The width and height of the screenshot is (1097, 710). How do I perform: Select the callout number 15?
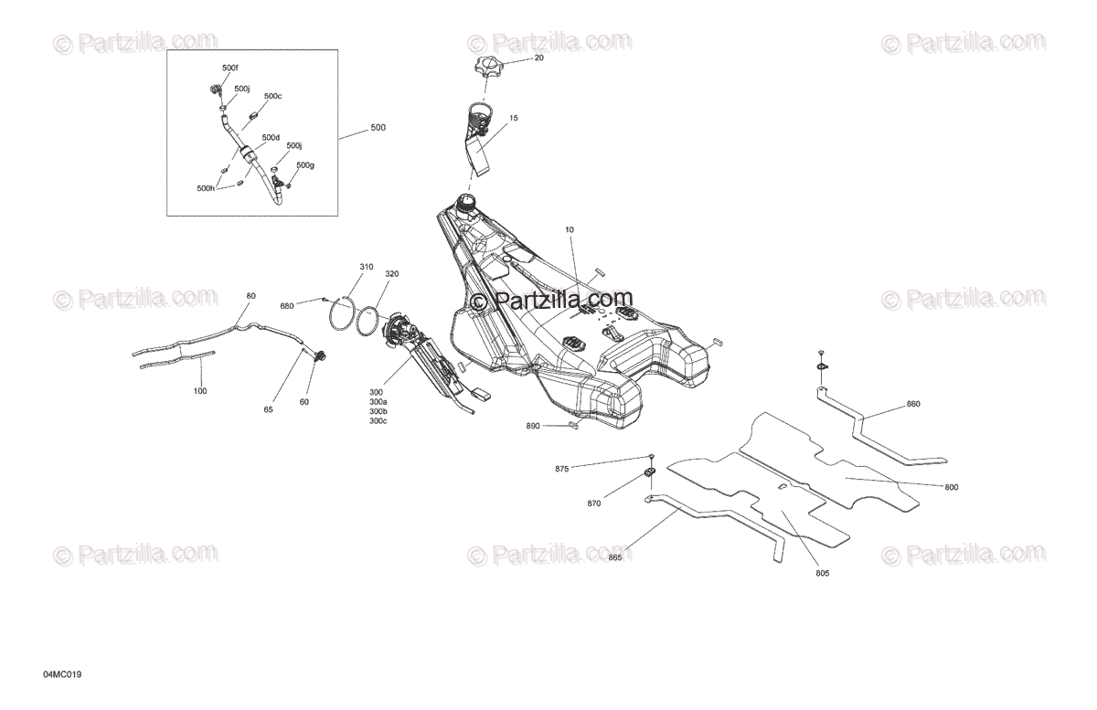514,118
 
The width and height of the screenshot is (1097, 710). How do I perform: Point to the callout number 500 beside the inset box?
378,128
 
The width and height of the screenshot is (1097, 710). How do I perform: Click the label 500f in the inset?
229,69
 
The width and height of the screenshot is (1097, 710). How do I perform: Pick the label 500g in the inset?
304,165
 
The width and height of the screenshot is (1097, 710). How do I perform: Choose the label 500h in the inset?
206,188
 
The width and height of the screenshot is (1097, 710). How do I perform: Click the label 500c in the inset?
272,96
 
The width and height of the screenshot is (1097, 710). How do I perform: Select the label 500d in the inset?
271,138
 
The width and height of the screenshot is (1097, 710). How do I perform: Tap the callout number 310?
366,267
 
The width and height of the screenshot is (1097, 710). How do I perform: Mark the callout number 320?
391,273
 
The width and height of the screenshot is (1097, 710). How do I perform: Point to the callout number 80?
251,296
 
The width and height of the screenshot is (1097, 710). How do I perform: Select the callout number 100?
200,391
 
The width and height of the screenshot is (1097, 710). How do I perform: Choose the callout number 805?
822,574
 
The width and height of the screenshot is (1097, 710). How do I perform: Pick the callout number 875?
562,469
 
